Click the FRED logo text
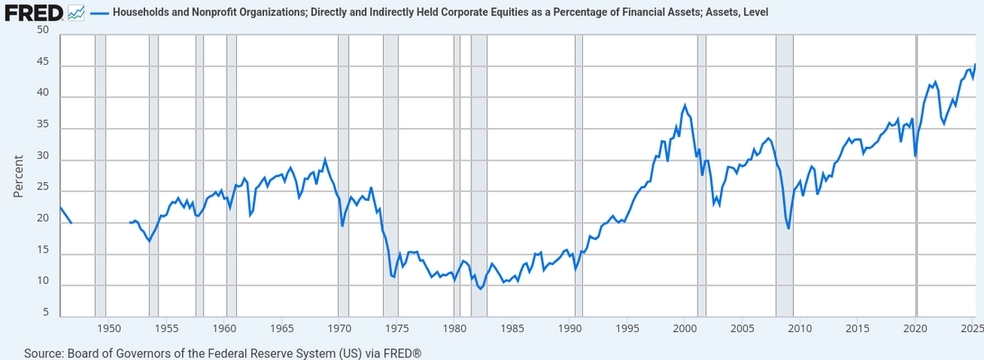click(x=34, y=13)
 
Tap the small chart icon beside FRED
click(x=76, y=13)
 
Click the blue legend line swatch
click(x=100, y=14)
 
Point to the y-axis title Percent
click(x=17, y=176)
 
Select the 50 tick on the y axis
click(x=43, y=30)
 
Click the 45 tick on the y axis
click(x=43, y=62)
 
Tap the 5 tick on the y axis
click(x=46, y=312)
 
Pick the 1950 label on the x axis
click(x=109, y=329)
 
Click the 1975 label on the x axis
click(x=397, y=329)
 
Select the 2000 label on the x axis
click(x=685, y=329)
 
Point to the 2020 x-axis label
click(x=915, y=329)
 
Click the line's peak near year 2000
click(x=685, y=105)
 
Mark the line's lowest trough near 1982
click(x=481, y=289)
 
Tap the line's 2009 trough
click(x=789, y=229)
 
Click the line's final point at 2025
click(x=975, y=64)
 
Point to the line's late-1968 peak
click(x=325, y=159)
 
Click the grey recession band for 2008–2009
click(x=785, y=175)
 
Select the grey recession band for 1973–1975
click(x=390, y=175)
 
